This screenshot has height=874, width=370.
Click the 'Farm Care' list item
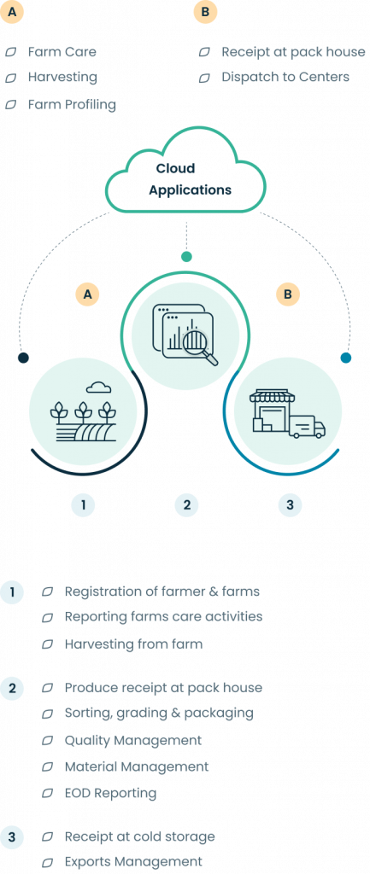tap(62, 52)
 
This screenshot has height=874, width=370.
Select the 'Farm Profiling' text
tap(72, 104)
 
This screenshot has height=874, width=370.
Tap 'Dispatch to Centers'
tap(285, 77)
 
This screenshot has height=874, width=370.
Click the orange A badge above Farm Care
tap(12, 11)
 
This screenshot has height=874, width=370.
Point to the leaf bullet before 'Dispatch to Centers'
tap(204, 78)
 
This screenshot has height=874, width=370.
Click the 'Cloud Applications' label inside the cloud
tap(190, 179)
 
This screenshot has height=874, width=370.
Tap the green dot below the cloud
tap(186, 256)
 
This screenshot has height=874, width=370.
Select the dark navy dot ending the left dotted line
tap(23, 358)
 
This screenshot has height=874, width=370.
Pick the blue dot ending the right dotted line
tap(346, 358)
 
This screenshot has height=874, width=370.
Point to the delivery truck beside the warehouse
tap(307, 427)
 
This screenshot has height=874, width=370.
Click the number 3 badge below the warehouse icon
tap(290, 505)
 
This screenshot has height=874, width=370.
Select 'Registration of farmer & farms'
tap(162, 591)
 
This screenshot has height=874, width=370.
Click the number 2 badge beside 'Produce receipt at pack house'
tap(12, 689)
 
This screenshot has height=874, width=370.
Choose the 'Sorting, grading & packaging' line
tap(159, 713)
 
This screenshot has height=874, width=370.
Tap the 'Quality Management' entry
tap(132, 740)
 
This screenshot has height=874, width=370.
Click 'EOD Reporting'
tap(110, 793)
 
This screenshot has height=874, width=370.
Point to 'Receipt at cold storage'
tap(139, 836)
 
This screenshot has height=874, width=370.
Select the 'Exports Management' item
tap(133, 861)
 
